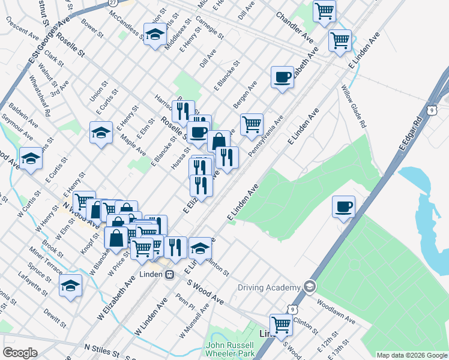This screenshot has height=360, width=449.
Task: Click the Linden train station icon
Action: [169, 274]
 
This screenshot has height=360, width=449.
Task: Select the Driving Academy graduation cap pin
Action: [310, 286]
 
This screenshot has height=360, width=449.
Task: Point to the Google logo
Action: [20, 353]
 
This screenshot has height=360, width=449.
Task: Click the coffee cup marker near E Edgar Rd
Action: [343, 208]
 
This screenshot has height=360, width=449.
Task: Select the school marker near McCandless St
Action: [155, 34]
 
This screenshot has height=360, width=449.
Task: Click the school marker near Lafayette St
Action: [70, 286]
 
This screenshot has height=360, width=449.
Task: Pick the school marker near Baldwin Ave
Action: [31, 159]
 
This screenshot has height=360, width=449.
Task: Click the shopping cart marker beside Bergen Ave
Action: [252, 124]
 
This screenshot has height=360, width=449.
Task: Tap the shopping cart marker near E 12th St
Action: [280, 325]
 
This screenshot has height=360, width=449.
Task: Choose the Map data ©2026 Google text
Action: [412, 355]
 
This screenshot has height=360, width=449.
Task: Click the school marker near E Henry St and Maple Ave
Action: [101, 133]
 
